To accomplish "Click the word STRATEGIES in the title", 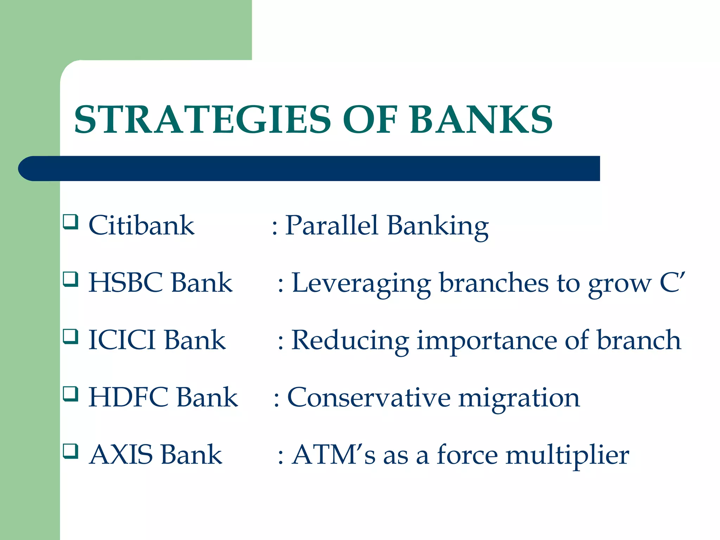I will (x=202, y=120).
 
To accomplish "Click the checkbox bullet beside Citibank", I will (x=70, y=222).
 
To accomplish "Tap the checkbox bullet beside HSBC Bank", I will (x=70, y=279).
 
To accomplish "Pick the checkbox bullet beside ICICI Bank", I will (x=70, y=336).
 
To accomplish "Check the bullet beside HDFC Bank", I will (x=70, y=394).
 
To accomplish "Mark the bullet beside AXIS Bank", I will (x=70, y=451).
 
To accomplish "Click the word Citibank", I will (x=141, y=225).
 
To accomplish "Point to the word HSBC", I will (x=126, y=283).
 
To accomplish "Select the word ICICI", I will (x=122, y=340).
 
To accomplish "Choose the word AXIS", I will (x=121, y=455).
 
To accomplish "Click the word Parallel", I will (x=332, y=225).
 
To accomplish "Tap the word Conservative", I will (x=369, y=397).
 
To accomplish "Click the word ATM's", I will (x=334, y=455).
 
